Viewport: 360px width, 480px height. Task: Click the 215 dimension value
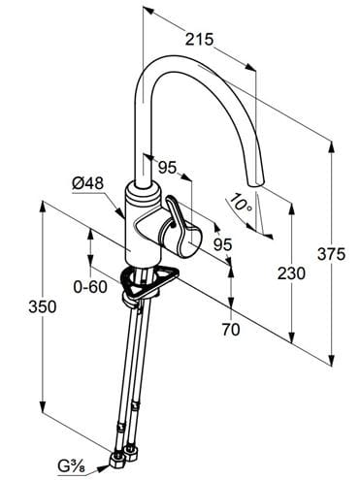pyautogui.click(x=199, y=40)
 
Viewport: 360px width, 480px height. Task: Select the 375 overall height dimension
pyautogui.click(x=331, y=254)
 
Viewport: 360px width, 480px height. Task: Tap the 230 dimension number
pyautogui.click(x=291, y=273)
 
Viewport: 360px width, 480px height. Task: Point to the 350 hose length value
pyautogui.click(x=43, y=306)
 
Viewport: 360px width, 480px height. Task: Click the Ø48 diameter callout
pyautogui.click(x=88, y=183)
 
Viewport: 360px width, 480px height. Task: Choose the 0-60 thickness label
pyautogui.click(x=90, y=287)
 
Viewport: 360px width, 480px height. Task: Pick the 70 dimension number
pyautogui.click(x=231, y=330)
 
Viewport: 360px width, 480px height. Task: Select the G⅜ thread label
pyautogui.click(x=72, y=466)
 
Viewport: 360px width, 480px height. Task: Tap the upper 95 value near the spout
pyautogui.click(x=168, y=168)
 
